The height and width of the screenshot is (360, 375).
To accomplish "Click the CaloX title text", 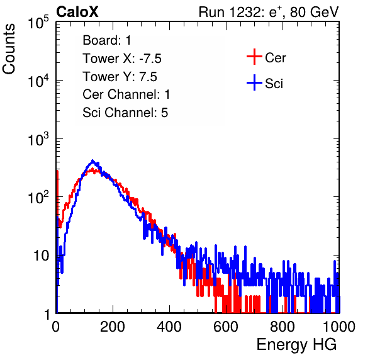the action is point(77,12).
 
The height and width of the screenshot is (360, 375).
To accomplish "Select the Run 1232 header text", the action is point(269,12).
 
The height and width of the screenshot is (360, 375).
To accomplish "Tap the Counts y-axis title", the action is point(9,48).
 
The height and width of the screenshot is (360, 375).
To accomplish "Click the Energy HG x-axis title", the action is point(296,345).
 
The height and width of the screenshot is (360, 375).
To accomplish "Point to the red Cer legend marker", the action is point(254,57).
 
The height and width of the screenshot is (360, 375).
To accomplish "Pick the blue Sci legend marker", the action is point(254,83).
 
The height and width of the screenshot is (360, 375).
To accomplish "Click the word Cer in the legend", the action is point(275,58).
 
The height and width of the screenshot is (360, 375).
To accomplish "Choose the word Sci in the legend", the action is point(274,84).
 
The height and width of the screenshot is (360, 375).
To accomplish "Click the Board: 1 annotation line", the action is point(107,40).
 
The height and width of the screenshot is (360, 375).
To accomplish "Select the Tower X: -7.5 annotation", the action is point(122,59).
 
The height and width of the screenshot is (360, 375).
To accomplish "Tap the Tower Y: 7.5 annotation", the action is point(120,77).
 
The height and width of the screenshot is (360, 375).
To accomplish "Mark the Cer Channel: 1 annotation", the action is point(126,94).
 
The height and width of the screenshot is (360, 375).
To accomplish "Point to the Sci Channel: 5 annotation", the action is point(125,113).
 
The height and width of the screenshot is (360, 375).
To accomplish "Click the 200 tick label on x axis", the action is point(113,327).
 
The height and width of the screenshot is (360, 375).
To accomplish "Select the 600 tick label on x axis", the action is point(226,327).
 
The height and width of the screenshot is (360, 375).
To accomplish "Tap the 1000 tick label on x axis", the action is point(339,327).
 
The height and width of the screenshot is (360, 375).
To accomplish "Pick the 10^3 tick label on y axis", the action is point(38,139).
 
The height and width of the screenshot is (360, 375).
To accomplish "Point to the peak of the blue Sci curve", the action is point(92,160).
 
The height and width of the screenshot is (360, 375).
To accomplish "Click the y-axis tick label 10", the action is point(41,256).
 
